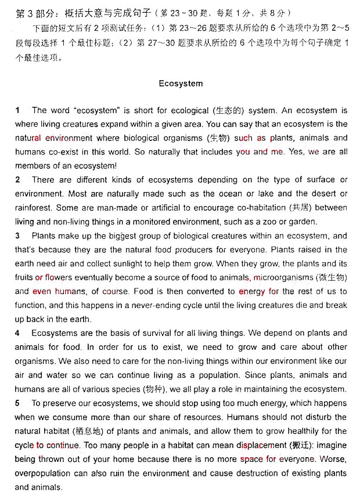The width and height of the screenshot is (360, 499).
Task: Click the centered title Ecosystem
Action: tap(181, 84)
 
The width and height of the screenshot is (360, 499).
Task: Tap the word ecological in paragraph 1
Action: tap(192, 110)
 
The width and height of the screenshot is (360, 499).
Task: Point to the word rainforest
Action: tap(34, 208)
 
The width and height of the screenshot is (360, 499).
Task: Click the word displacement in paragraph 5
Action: tap(261, 445)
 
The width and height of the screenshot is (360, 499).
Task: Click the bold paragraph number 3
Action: tap(17, 236)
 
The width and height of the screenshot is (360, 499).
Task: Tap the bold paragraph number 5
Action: tap(17, 403)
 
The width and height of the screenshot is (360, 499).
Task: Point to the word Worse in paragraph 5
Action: tap(334, 459)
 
